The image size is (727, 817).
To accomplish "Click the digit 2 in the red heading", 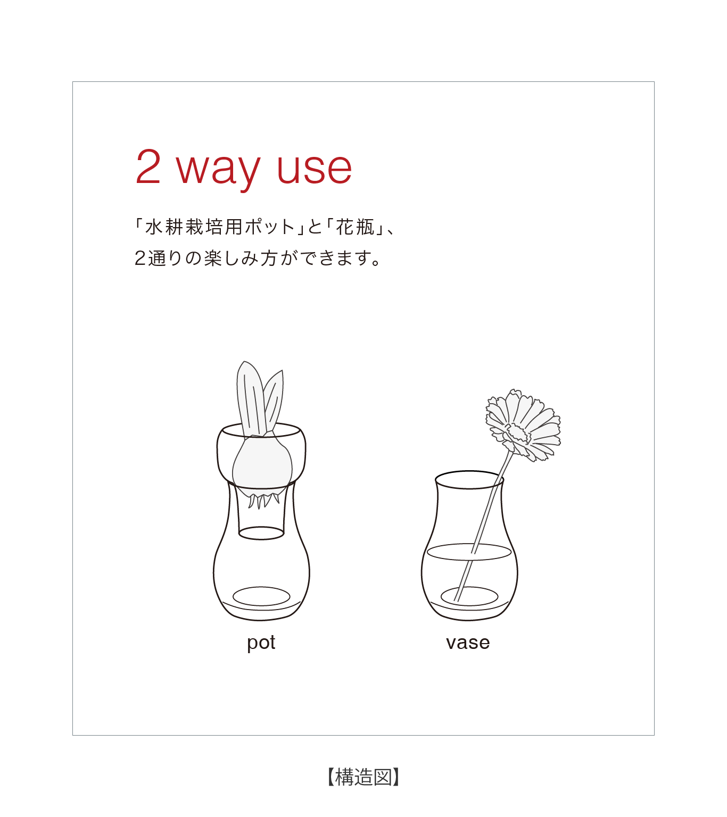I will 148,166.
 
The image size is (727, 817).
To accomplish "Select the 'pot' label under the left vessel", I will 261,643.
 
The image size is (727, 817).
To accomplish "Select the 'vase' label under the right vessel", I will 468,643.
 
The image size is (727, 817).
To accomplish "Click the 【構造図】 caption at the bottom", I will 363,777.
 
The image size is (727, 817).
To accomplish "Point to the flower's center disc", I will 517,433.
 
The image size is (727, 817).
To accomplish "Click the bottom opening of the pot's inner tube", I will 261,533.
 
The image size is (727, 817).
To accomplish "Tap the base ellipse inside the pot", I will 261,596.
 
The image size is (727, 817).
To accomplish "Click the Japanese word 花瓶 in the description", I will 355,227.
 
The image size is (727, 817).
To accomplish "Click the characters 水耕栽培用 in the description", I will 194,227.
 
